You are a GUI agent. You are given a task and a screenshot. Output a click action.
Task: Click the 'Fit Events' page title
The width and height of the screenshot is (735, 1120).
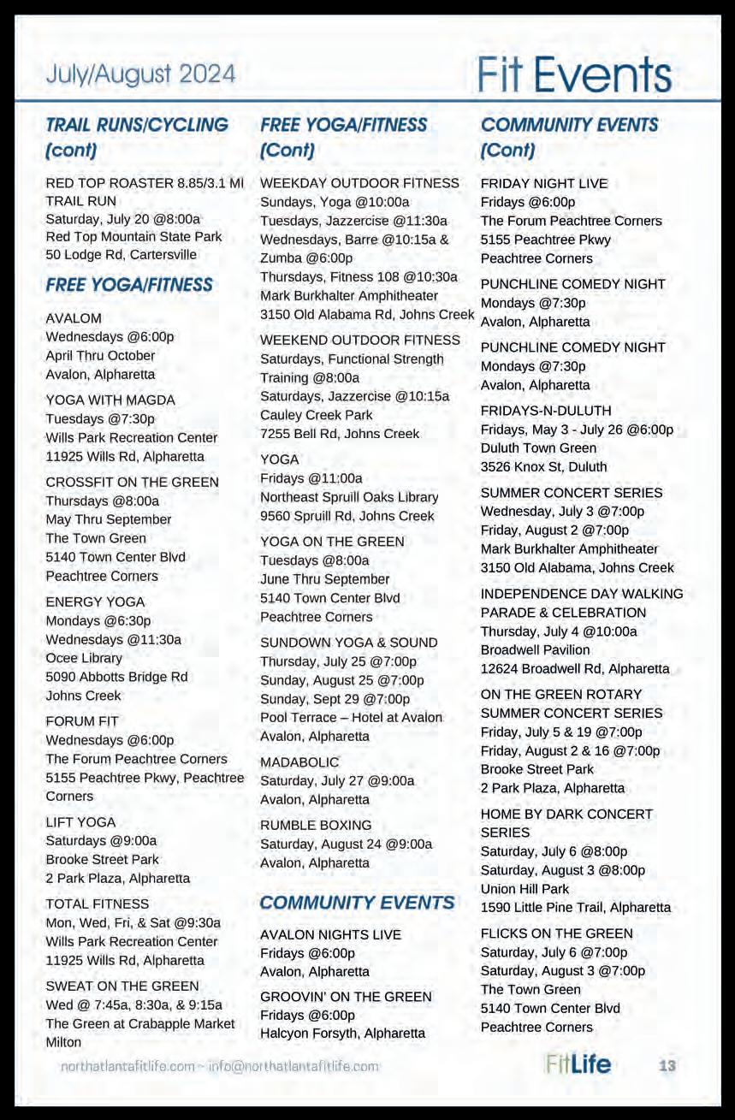(574, 75)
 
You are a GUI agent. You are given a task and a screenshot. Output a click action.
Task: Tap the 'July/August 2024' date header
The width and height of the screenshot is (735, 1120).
(141, 75)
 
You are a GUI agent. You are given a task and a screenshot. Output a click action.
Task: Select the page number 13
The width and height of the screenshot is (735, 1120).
(667, 1065)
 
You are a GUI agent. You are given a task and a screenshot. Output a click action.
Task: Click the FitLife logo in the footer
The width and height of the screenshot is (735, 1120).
(578, 1064)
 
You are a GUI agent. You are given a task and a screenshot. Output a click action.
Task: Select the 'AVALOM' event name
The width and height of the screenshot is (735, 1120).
(74, 318)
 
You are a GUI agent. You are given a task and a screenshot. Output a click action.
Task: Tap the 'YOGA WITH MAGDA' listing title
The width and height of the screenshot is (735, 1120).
(110, 400)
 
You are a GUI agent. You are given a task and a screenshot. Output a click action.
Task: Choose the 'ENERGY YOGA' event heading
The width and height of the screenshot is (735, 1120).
(95, 602)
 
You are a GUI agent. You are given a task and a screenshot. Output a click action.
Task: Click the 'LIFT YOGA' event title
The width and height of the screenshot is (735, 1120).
(80, 822)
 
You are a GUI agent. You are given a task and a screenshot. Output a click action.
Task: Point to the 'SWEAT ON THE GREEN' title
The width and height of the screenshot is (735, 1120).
(122, 987)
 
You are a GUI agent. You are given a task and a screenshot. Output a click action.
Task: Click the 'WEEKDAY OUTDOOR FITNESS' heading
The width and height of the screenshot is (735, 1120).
(359, 183)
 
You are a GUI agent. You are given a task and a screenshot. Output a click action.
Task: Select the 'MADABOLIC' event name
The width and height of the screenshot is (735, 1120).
(299, 762)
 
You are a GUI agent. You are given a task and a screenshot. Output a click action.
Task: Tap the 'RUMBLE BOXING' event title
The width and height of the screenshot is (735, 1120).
(316, 826)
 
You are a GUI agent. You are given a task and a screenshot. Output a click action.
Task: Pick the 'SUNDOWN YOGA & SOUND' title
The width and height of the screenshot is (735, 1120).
(348, 643)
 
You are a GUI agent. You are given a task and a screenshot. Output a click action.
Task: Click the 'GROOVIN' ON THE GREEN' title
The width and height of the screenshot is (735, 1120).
(346, 997)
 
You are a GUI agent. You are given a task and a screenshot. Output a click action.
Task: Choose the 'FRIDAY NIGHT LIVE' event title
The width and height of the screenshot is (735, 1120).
(544, 183)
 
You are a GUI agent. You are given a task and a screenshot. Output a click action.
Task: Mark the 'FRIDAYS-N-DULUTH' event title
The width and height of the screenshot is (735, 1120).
(546, 411)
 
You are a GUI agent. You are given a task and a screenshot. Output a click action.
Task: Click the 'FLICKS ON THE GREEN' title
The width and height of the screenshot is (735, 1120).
(557, 933)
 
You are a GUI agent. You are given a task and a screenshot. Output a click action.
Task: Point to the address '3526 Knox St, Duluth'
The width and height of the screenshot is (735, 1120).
(544, 467)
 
